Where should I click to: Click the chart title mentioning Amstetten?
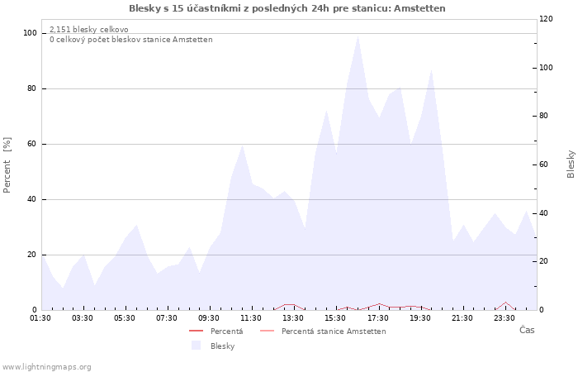pos(287,8)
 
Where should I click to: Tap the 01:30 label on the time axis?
pos(40,318)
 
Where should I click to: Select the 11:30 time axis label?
pos(251,318)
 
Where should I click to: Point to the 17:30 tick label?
pos(378,318)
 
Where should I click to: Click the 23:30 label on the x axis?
pos(505,318)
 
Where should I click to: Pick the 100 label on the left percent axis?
pos(31,33)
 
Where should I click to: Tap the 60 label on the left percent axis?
pos(31,144)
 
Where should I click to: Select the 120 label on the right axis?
pos(546,19)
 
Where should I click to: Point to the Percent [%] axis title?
pos(7,165)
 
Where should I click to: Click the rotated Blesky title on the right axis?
pos(571,165)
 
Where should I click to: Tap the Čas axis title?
pos(527,330)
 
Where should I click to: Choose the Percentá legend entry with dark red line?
pos(216,331)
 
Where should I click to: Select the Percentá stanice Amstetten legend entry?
pos(323,331)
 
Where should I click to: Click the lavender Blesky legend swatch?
pos(197,346)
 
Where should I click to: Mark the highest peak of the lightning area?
pos(358,36)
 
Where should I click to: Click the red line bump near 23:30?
pos(505,303)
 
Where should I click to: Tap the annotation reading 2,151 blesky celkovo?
pos(89,30)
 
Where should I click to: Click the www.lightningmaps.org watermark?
pos(46,367)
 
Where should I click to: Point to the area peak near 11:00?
pos(242,145)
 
